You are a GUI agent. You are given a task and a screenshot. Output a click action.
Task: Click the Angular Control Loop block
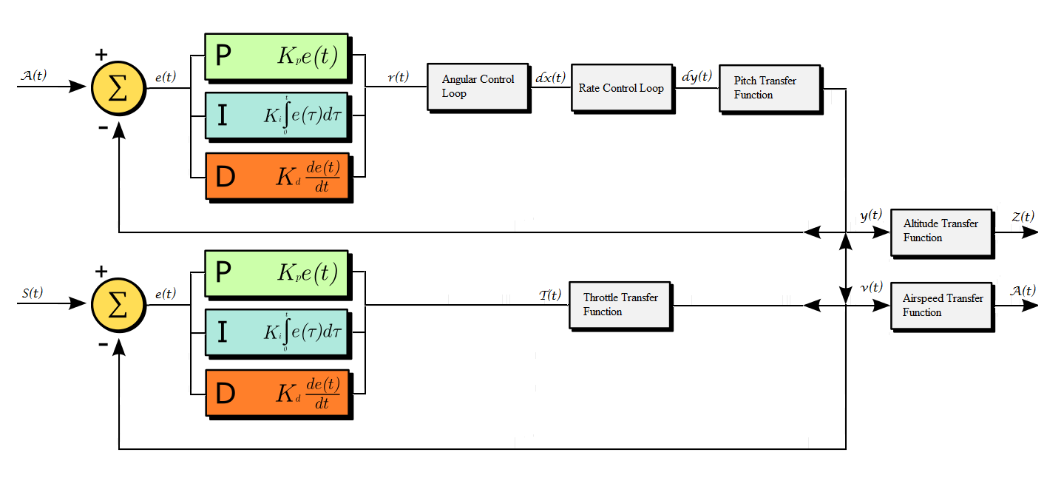point(478,87)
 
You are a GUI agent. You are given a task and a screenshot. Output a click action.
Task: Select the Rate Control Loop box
point(620,88)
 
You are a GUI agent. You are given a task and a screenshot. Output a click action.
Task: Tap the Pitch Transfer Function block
point(770,88)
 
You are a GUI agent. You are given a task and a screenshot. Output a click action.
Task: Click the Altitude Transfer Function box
point(941,231)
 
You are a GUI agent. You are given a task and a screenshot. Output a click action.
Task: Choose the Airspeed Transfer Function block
point(941,305)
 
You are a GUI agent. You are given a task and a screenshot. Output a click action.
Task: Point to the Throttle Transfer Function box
point(620,305)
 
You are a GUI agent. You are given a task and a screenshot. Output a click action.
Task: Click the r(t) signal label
point(399,76)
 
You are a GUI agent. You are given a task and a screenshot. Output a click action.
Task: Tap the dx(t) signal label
point(550,76)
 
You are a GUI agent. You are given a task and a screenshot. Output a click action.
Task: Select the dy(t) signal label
point(697,76)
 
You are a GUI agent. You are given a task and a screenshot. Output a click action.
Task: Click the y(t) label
point(871,215)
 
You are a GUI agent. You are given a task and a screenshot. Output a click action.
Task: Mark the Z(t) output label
point(1023,216)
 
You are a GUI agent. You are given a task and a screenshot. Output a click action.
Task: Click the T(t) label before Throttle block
point(551,295)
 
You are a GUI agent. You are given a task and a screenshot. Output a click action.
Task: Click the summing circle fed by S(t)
point(118,304)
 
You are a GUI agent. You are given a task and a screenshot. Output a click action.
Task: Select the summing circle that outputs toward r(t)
point(118,87)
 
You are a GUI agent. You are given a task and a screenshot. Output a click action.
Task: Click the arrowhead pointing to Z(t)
point(1031,232)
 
